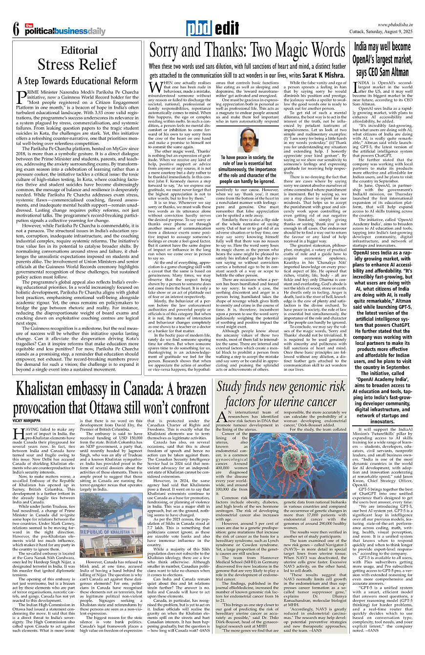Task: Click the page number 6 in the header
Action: (x=15, y=29)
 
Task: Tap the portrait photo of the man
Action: (x=250, y=139)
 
